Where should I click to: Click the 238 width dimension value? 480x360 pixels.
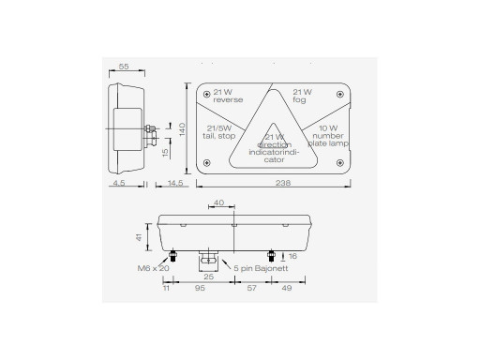[x=283, y=183]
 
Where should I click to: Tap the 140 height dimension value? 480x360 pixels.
[x=182, y=129]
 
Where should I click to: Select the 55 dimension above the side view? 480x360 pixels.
[x=124, y=67]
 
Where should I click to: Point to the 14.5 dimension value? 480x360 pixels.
[x=175, y=183]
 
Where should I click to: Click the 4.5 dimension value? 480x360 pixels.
[x=119, y=183]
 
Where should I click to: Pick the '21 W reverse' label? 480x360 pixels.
[x=228, y=96]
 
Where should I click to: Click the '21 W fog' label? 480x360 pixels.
[x=302, y=96]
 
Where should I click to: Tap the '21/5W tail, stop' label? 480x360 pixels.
[x=218, y=132]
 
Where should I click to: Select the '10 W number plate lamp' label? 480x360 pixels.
[x=328, y=136]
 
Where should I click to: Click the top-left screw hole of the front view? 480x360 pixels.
[x=206, y=94]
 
